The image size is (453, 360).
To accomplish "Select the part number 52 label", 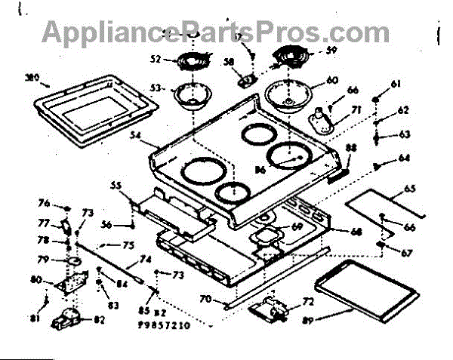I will click(156, 59).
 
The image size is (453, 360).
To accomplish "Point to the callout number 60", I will click(332, 79).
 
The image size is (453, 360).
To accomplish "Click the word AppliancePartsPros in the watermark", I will click(174, 32).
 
